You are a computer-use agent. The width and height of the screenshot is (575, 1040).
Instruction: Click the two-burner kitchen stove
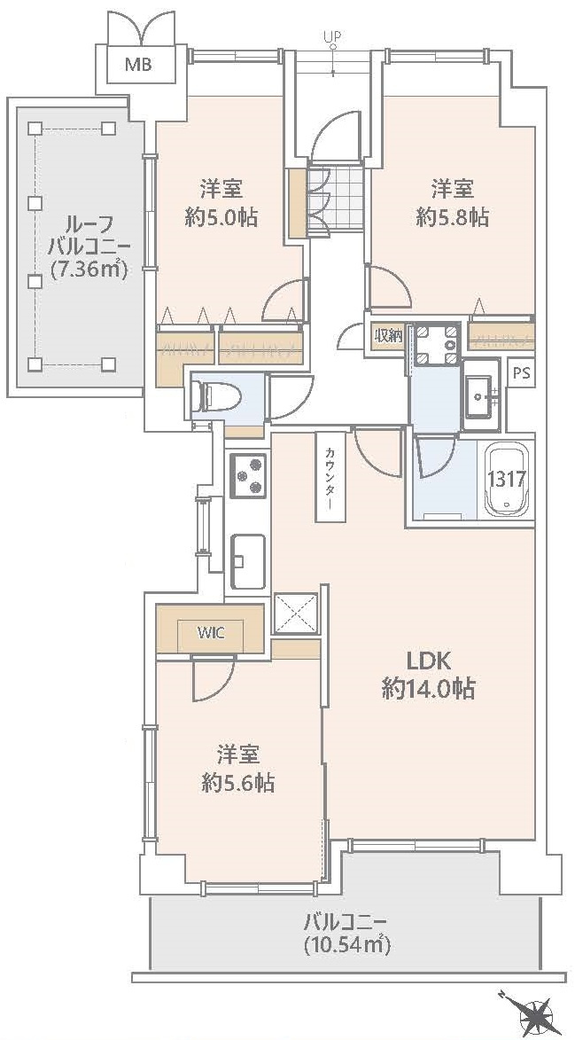tap(248, 476)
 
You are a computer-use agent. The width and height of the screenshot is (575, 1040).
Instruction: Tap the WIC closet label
tap(211, 632)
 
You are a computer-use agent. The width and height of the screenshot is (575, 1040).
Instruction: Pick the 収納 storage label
tap(387, 335)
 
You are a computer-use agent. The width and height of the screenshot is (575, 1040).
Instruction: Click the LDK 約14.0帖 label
tap(429, 674)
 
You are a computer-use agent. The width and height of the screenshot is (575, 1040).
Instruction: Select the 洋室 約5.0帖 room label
tap(221, 203)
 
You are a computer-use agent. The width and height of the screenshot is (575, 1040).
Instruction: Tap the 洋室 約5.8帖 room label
tap(452, 203)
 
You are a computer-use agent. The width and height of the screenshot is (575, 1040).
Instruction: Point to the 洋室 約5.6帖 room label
tap(237, 768)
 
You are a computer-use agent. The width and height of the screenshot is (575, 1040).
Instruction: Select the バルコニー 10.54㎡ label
tap(347, 932)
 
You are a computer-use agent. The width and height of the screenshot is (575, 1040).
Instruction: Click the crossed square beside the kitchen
tap(294, 614)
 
